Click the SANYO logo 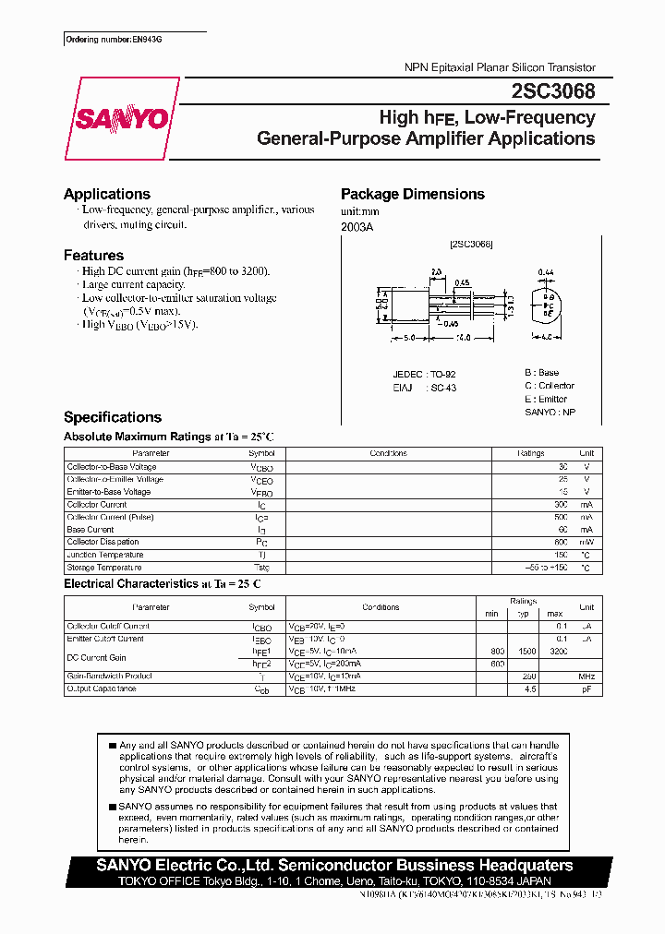[x=122, y=118]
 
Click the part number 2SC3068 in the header [x=552, y=92]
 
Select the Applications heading [x=107, y=194]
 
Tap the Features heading [x=93, y=255]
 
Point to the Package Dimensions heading [x=413, y=194]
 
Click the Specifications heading [x=113, y=417]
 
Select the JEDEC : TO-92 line [x=424, y=374]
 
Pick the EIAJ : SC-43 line [x=424, y=388]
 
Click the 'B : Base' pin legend [x=541, y=373]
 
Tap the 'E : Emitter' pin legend [x=546, y=399]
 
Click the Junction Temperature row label [x=105, y=555]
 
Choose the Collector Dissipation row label [x=103, y=543]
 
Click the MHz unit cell [x=586, y=677]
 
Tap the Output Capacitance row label [x=102, y=689]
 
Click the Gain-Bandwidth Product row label [x=109, y=677]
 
